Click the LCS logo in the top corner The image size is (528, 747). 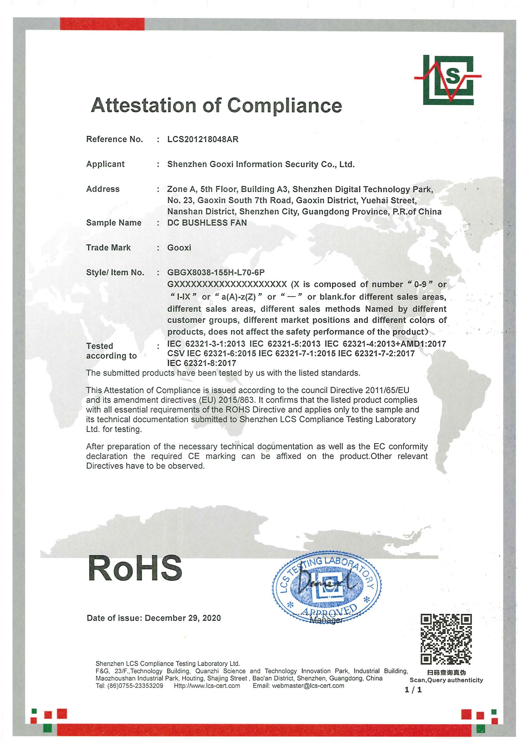pyautogui.click(x=448, y=80)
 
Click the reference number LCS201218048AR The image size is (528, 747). pyautogui.click(x=203, y=139)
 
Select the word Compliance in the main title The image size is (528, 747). pyautogui.click(x=284, y=105)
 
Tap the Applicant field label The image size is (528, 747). pyautogui.click(x=105, y=164)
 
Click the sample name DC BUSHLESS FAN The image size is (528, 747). pyautogui.click(x=207, y=223)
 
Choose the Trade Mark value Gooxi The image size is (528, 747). pyautogui.click(x=179, y=248)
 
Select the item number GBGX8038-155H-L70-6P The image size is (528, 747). pyautogui.click(x=216, y=272)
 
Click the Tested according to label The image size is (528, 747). pyautogui.click(x=111, y=351)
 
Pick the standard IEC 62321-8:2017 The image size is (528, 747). pyautogui.click(x=202, y=363)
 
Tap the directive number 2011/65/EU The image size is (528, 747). pyautogui.click(x=387, y=390)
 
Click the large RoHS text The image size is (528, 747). pyautogui.click(x=135, y=569)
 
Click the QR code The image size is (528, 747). pyautogui.click(x=446, y=639)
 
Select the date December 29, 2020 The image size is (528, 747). pyautogui.click(x=183, y=618)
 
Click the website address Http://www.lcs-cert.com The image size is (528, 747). pyautogui.click(x=207, y=686)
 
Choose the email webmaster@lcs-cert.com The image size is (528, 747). pyautogui.click(x=308, y=686)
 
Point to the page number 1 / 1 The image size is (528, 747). pyautogui.click(x=413, y=690)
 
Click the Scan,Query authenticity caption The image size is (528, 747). pyautogui.click(x=446, y=680)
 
